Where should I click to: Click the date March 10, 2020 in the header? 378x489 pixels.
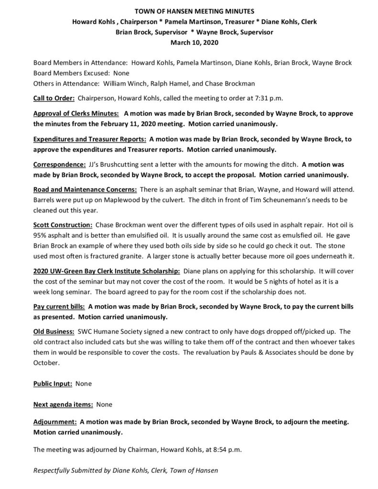click(x=189, y=42)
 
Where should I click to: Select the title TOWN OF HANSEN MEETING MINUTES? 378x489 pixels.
click(x=189, y=11)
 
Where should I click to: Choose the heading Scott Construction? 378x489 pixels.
click(x=63, y=224)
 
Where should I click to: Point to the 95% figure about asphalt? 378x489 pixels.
click(x=40, y=234)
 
